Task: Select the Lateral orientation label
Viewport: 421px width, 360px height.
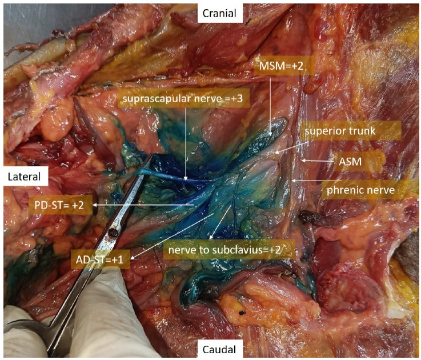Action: [x=23, y=177]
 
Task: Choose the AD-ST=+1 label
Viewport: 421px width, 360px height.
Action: [x=101, y=261]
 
